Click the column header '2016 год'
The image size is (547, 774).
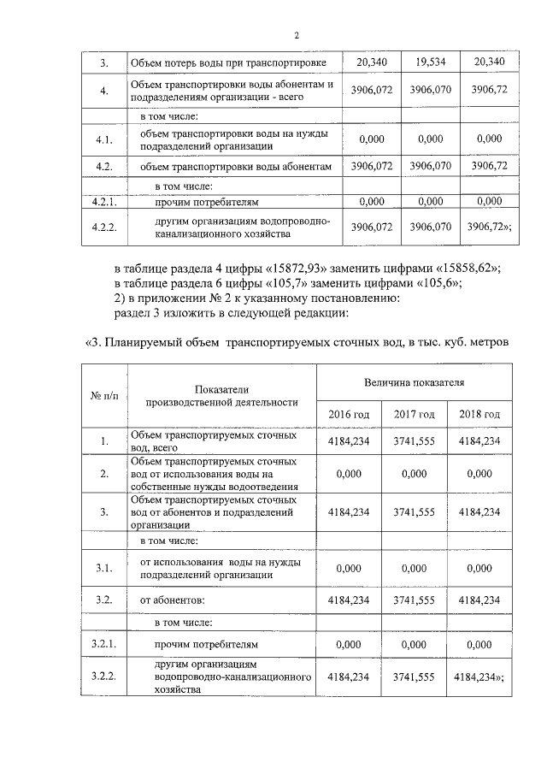[x=349, y=414]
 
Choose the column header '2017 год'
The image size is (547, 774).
[x=414, y=414]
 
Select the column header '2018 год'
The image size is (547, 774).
[x=479, y=414]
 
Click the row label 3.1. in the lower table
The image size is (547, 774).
[x=104, y=568]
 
